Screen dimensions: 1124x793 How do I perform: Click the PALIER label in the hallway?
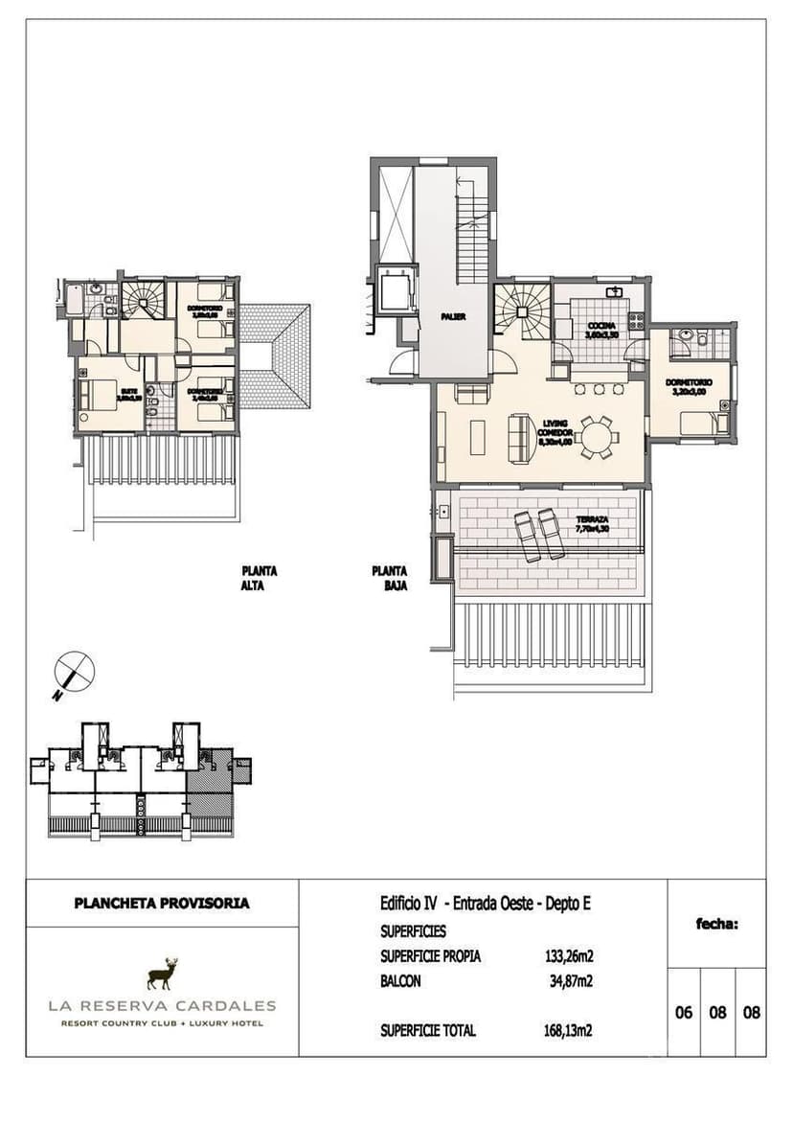coord(454,316)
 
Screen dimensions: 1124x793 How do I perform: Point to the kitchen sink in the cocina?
coord(614,291)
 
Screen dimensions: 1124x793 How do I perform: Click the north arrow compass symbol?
coord(74,668)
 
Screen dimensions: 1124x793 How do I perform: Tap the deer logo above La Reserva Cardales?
coord(163,974)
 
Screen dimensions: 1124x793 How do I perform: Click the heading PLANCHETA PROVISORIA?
coord(162,903)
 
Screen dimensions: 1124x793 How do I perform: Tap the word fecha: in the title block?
coord(716,924)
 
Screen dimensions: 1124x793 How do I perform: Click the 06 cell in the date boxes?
coord(684,1013)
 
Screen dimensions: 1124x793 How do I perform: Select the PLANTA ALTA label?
coord(259,578)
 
